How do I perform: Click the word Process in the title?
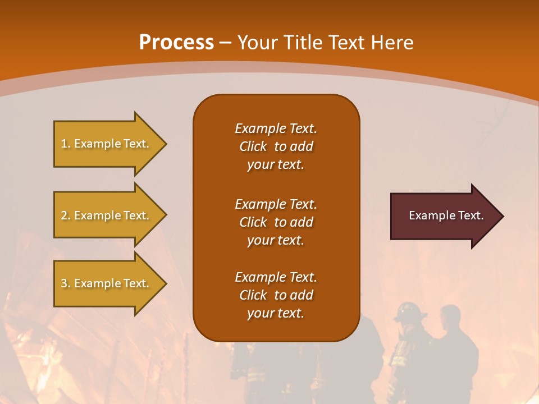point(176,43)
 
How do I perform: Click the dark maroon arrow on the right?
point(444,215)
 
